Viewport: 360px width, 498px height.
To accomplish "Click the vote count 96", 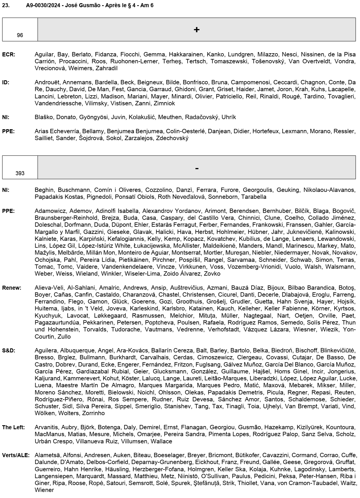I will tap(20, 35).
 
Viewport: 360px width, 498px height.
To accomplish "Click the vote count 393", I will tap(20, 173).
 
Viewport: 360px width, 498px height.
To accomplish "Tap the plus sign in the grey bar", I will tap(197, 30).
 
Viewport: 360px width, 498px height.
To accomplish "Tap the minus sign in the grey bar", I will tap(197, 168).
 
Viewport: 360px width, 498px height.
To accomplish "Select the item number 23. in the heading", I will tap(6, 5).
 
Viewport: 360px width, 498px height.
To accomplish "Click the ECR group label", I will tap(9, 54).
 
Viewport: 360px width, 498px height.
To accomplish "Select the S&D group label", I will tap(9, 351).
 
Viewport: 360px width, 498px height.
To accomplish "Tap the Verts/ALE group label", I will tap(16, 455).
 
